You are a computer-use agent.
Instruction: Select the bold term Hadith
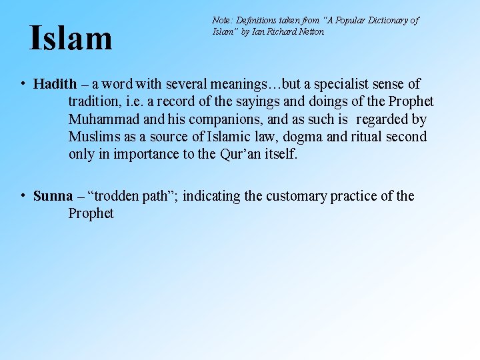tap(55, 85)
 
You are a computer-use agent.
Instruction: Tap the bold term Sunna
tap(53, 196)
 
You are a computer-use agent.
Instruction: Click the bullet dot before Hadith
tap(23, 84)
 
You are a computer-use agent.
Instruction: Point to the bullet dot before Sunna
tap(23, 195)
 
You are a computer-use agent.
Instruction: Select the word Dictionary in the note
tap(378, 21)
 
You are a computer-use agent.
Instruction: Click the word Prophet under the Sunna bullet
tap(91, 214)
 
